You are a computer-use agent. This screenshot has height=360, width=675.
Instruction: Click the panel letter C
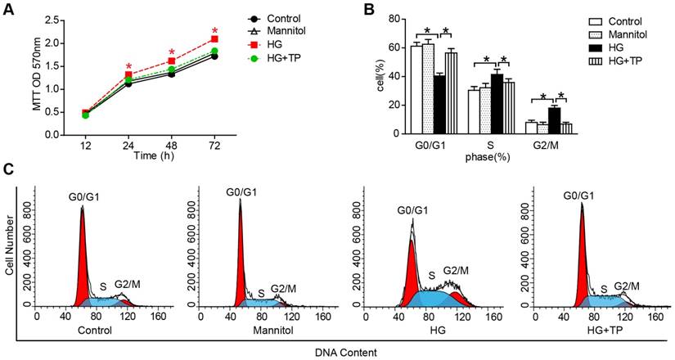coord(10,170)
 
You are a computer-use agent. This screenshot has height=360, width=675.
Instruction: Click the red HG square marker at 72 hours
coord(214,39)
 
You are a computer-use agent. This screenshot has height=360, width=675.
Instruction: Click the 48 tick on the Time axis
coord(172,145)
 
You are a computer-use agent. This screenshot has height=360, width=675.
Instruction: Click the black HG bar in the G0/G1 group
coord(439,104)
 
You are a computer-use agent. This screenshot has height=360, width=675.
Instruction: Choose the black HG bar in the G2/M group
coord(554,120)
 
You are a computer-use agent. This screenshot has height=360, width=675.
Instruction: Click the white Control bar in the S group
coord(473,111)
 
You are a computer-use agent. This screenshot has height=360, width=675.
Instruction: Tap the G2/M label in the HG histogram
coord(456,271)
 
